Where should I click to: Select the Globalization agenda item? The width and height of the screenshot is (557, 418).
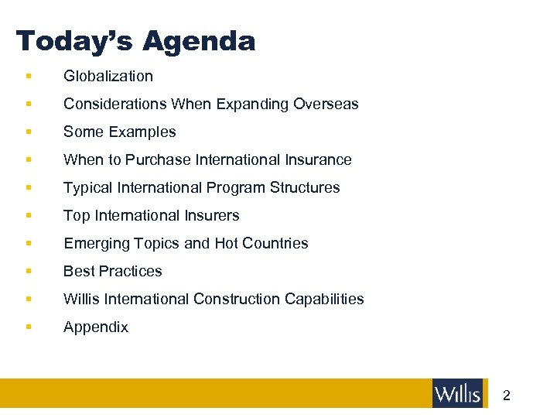tap(108, 76)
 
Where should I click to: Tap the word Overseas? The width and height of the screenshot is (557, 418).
tap(326, 104)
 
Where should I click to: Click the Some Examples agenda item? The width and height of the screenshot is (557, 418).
tap(120, 132)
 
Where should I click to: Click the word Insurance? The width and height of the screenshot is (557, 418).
tap(319, 159)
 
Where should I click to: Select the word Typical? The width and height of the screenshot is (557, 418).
tap(86, 187)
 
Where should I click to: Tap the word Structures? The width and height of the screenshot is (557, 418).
tap(306, 187)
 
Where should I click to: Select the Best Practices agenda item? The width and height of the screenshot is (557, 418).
tap(113, 271)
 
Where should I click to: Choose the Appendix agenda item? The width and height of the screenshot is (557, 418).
tap(96, 327)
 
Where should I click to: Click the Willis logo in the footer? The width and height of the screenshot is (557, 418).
tap(457, 393)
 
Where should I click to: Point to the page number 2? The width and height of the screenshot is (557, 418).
tap(507, 396)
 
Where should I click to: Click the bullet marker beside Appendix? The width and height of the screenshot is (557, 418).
tap(28, 327)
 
